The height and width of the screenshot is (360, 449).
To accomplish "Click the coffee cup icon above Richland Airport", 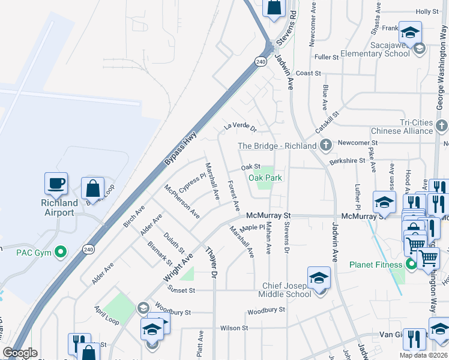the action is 56,184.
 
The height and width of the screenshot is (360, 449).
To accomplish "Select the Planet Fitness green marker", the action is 411,264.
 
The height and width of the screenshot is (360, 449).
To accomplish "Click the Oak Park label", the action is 265,178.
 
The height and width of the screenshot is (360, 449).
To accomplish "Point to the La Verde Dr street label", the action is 240,127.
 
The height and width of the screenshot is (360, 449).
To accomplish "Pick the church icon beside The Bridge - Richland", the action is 325,145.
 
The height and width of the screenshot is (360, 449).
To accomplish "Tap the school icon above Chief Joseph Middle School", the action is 319,278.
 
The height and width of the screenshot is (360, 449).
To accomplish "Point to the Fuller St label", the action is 327,57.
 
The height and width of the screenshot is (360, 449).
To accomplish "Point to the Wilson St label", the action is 234,328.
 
